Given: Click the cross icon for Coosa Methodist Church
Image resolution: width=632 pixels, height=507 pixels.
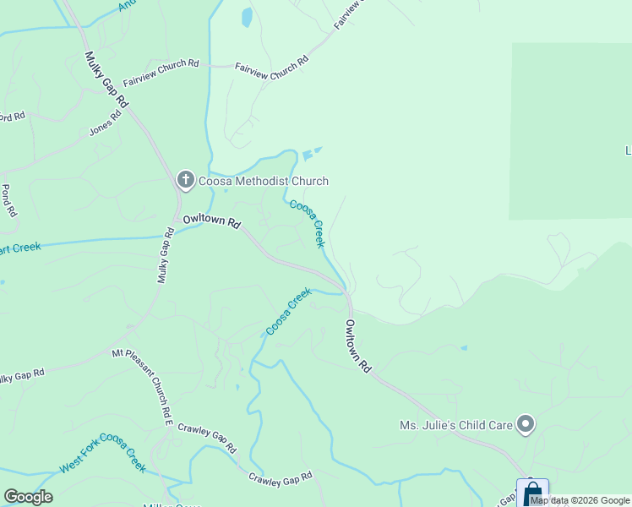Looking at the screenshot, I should (185, 180).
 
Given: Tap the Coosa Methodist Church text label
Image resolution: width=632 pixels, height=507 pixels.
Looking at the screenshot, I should (263, 181).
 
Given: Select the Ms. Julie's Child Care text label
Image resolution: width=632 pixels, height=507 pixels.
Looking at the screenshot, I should (456, 425).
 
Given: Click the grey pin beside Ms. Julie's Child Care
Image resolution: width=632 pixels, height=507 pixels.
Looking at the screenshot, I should (526, 424).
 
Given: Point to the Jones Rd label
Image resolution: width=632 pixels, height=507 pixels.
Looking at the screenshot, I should (105, 124).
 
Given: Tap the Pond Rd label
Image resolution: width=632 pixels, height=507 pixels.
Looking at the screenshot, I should (9, 201).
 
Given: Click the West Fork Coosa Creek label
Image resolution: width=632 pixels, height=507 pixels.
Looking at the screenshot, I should (103, 454).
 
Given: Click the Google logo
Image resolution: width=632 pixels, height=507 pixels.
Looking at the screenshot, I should (28, 497).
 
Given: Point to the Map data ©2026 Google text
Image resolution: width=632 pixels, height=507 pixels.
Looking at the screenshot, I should (580, 500).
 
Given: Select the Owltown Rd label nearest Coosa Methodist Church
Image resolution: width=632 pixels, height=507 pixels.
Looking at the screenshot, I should (212, 221).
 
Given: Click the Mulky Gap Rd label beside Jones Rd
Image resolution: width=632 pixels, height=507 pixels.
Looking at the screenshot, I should (107, 79).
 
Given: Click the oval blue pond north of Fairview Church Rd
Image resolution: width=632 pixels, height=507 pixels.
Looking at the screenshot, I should (247, 17).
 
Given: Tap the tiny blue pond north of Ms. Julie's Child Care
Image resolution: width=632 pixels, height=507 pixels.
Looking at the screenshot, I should (464, 347).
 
